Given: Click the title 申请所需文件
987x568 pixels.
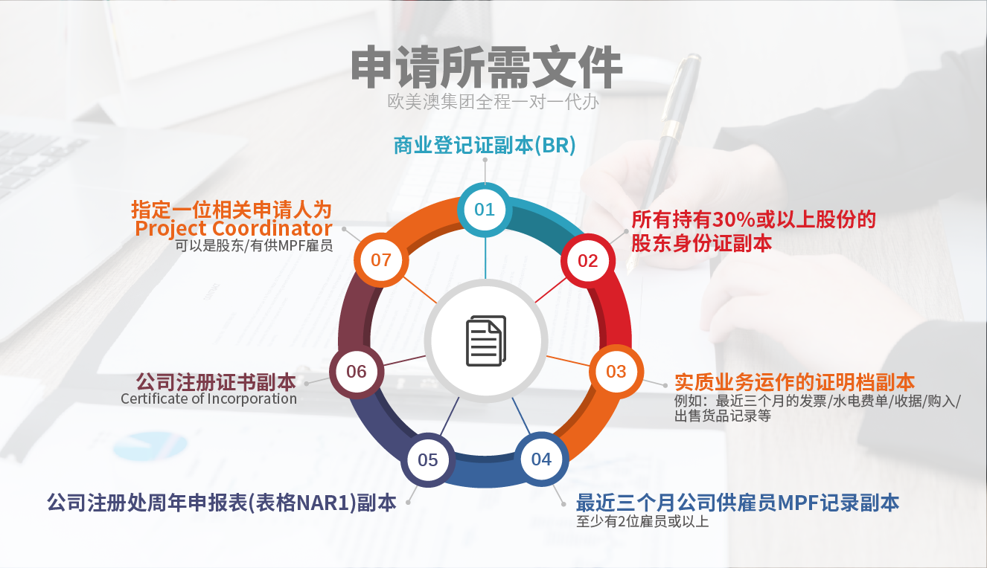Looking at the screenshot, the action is click(x=487, y=68).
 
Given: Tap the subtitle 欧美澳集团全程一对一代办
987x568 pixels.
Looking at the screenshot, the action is click(x=493, y=102).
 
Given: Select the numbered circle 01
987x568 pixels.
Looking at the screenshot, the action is click(x=485, y=210).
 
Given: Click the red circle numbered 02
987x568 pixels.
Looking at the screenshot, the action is click(x=588, y=261).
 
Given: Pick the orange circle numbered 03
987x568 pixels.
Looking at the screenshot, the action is click(x=616, y=372).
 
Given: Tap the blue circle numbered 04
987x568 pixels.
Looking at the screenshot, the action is click(x=542, y=459).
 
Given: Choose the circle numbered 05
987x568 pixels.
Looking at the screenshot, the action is click(x=428, y=459).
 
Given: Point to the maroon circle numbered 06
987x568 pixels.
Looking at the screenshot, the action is click(x=357, y=372).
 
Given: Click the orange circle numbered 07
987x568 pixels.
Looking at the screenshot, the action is click(x=381, y=260).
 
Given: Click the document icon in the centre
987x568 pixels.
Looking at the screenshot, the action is click(x=486, y=341).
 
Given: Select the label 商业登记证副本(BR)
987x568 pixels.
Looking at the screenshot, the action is click(x=485, y=146).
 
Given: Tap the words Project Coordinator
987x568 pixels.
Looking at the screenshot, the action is click(x=234, y=229).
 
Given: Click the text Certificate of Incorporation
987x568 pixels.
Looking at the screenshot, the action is click(x=209, y=398).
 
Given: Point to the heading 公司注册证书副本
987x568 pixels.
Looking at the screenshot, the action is click(x=216, y=382).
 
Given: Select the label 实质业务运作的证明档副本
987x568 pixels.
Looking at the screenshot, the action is click(x=795, y=382).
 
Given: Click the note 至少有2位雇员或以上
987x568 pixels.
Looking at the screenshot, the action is click(x=642, y=521).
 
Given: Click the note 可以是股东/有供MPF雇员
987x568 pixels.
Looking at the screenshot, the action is click(x=254, y=245).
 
